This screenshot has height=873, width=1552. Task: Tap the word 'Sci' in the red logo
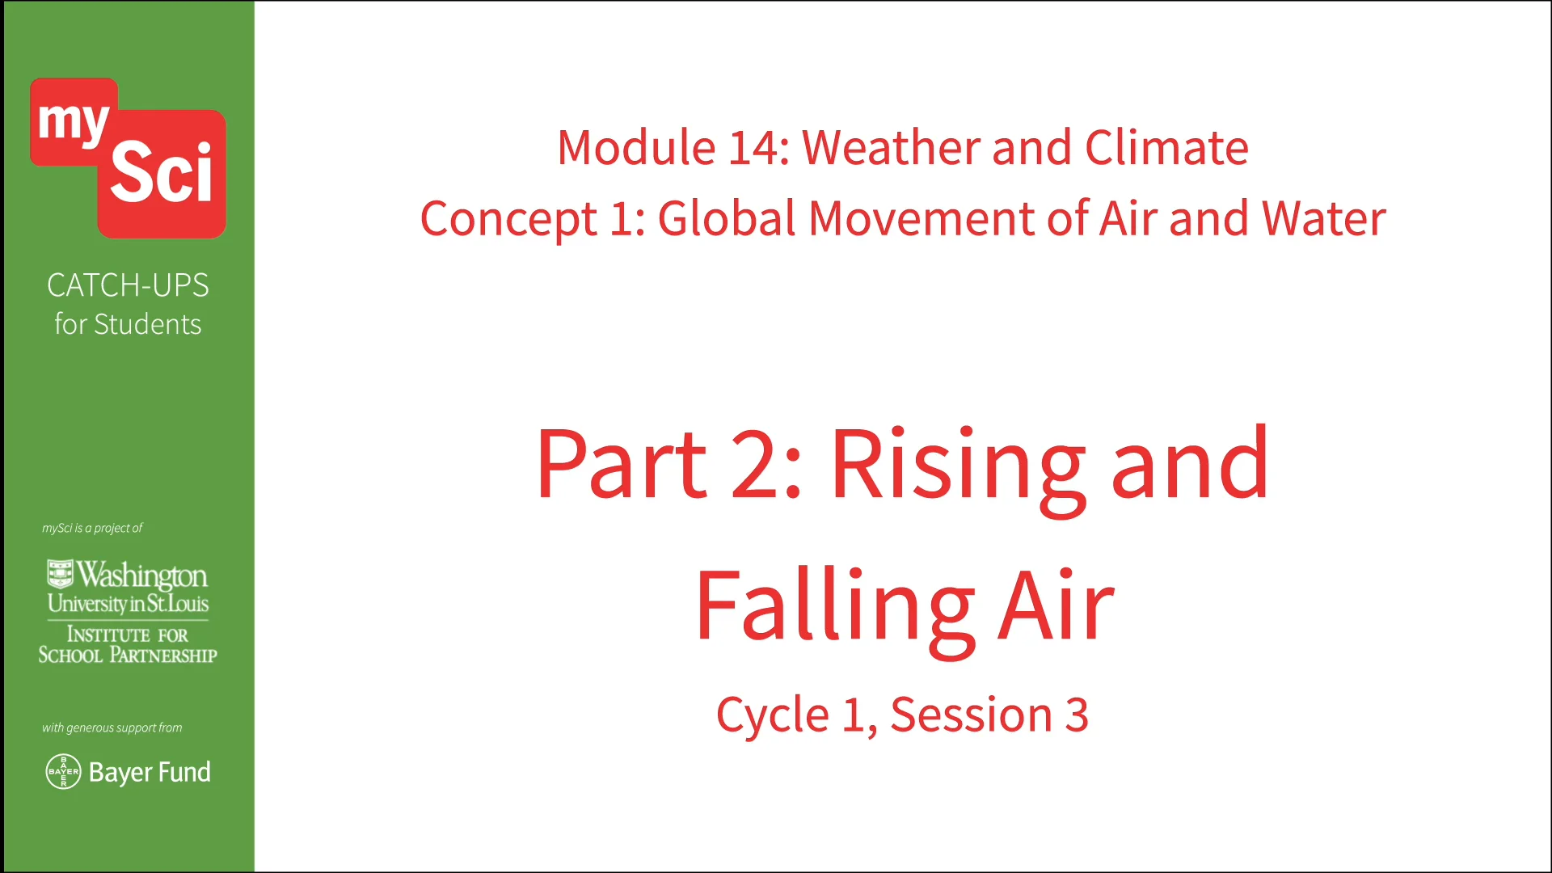(162, 172)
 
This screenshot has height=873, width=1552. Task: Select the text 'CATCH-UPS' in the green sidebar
(128, 285)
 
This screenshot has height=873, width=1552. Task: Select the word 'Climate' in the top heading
(1166, 148)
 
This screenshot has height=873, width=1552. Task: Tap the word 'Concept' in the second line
(508, 219)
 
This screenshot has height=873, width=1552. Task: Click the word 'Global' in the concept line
(727, 219)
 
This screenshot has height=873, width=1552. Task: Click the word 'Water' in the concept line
(1323, 219)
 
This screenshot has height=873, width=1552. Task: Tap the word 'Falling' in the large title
(835, 608)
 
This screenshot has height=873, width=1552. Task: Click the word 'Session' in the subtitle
(971, 715)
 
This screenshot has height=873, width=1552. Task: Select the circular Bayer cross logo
(63, 772)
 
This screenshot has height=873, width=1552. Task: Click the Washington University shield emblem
(60, 573)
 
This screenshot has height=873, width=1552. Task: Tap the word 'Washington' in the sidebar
(142, 576)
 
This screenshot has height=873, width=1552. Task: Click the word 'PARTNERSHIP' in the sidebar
(163, 656)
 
